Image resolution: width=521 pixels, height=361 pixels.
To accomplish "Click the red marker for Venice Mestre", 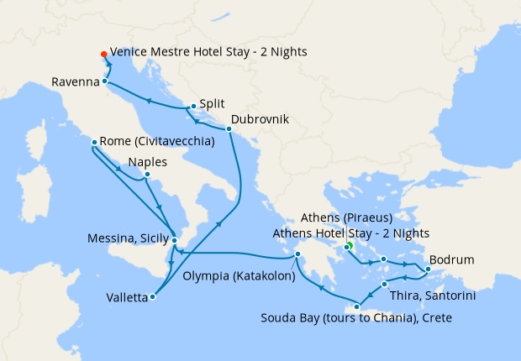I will pos(103,52).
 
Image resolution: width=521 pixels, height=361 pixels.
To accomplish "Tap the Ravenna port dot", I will pos(105,81).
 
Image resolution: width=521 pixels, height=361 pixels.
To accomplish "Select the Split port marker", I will pos(193,106).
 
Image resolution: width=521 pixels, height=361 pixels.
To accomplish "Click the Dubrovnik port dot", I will pos(229,128).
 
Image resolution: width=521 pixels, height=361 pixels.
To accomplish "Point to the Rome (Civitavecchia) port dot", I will pos(94,143).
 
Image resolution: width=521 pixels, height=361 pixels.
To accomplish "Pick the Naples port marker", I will pos(147,175).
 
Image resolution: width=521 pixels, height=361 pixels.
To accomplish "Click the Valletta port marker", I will pos(152,296).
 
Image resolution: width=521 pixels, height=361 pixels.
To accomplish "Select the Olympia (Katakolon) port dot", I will pos(296,255).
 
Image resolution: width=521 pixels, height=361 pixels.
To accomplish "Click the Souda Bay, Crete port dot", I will pos(357,306).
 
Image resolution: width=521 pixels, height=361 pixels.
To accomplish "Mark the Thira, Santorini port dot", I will pos(384,285).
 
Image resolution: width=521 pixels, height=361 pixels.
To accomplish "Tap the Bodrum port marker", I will pos(427,269).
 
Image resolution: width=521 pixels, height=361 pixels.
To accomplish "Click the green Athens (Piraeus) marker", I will pos(348,246).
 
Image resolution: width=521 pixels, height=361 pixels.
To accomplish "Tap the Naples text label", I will pos(148,162).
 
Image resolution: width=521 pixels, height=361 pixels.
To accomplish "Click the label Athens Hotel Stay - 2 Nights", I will pos(351,233).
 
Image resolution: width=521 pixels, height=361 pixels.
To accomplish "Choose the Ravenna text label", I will pos(76,82).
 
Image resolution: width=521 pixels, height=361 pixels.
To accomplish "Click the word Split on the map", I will pos(212,107).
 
